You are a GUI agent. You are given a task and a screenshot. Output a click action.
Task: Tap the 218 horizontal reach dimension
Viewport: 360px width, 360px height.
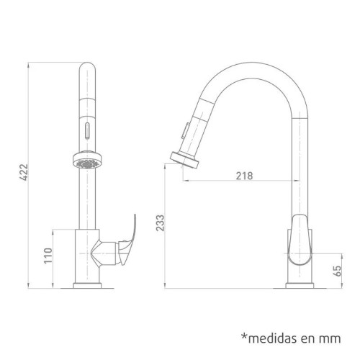pos(245,175)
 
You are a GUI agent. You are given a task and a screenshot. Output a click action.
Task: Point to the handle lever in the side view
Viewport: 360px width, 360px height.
pos(299,245)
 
